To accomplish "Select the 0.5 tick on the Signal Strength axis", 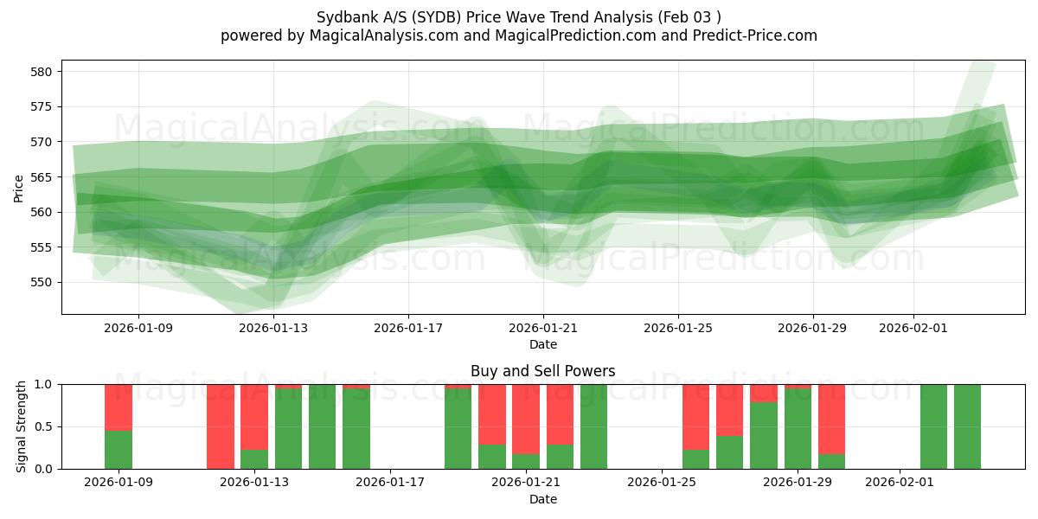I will (x=43, y=426).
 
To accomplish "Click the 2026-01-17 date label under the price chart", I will (x=408, y=328).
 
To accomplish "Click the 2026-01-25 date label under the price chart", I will (x=677, y=328).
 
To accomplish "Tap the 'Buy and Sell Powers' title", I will (x=542, y=371).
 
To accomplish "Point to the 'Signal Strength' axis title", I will (x=22, y=426).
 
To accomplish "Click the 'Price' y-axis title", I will (x=19, y=187).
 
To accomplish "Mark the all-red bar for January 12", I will (x=221, y=426).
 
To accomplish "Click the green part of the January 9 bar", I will (x=119, y=450).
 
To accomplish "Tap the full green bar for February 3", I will (x=967, y=426).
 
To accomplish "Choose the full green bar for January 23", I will (x=593, y=426).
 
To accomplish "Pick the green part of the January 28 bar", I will (x=764, y=436).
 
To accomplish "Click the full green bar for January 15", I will (x=322, y=426).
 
